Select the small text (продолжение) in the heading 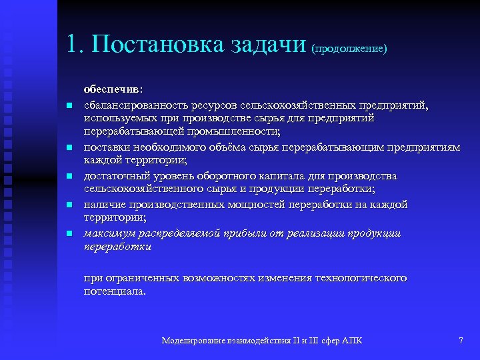coord(349,49)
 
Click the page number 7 coord(461,341)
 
